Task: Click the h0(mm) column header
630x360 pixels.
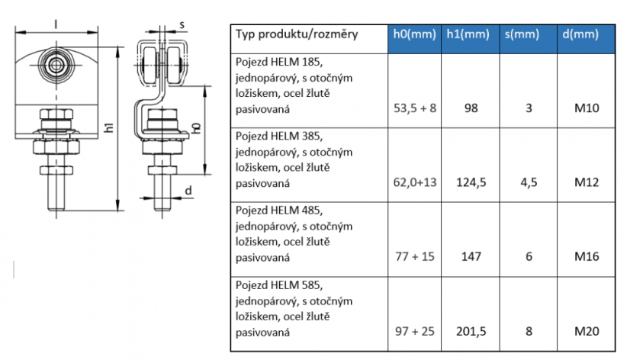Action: (x=414, y=34)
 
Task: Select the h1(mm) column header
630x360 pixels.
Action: (x=468, y=34)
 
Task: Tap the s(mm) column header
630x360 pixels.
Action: (x=522, y=34)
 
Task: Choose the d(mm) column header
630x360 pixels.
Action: (x=580, y=34)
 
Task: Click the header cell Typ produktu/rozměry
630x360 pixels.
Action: (x=297, y=34)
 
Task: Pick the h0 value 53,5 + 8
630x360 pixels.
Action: (x=415, y=108)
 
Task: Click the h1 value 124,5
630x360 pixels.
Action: (x=471, y=182)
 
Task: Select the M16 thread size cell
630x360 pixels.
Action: (x=587, y=256)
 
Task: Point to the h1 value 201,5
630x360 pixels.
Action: (x=471, y=332)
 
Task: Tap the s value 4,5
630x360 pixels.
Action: (x=529, y=182)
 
